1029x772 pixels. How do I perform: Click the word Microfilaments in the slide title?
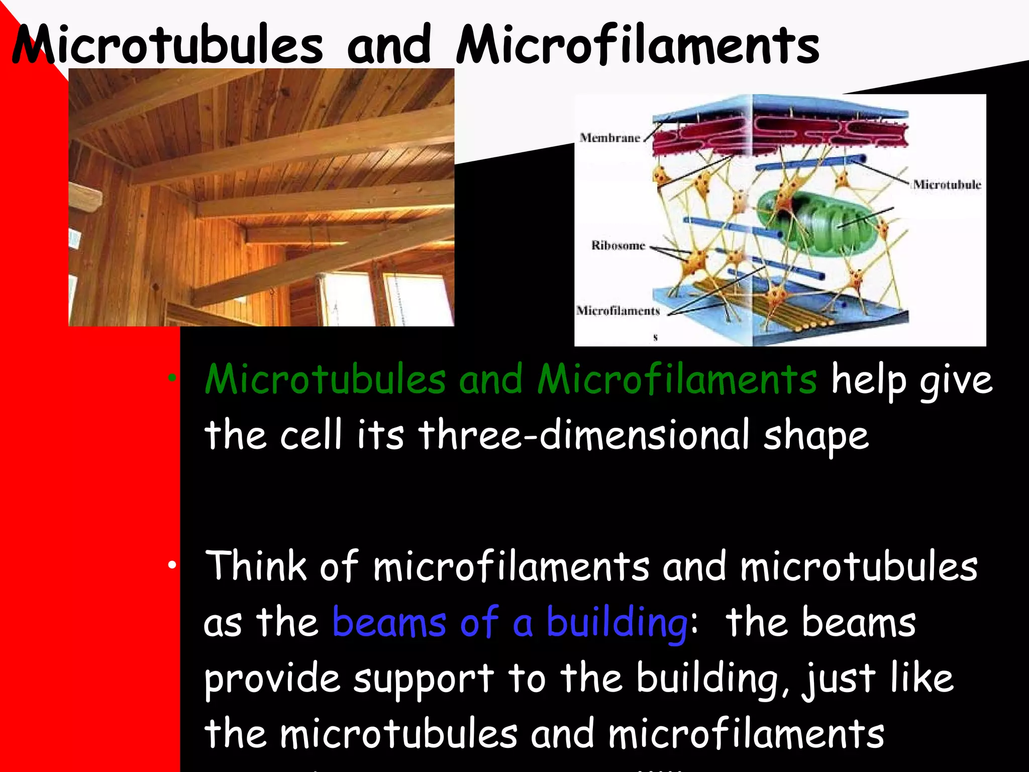637,45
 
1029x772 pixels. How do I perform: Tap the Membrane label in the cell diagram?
609,138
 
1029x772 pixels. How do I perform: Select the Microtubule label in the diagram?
947,184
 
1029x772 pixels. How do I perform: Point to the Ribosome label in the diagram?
618,245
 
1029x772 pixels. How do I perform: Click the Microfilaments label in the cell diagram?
618,311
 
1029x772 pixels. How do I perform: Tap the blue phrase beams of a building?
509,622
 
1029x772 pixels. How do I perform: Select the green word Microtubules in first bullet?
325,379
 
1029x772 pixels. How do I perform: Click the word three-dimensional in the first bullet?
584,435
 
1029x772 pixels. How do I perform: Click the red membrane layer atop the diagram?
779,133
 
